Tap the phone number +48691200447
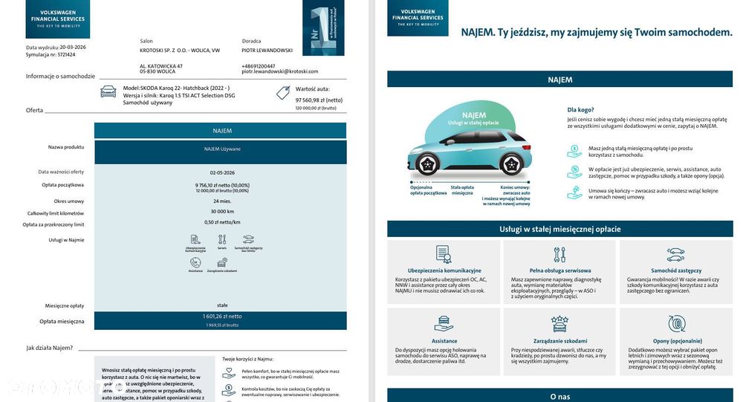258,65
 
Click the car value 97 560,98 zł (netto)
319,100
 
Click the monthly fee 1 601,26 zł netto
221,317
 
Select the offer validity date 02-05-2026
221,172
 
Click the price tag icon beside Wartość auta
282,92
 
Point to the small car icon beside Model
108,91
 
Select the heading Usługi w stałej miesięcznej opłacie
559,229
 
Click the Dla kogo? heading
580,109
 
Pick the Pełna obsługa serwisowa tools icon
559,255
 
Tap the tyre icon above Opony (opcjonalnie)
675,323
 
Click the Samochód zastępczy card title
675,270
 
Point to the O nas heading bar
559,396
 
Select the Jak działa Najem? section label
50,348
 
